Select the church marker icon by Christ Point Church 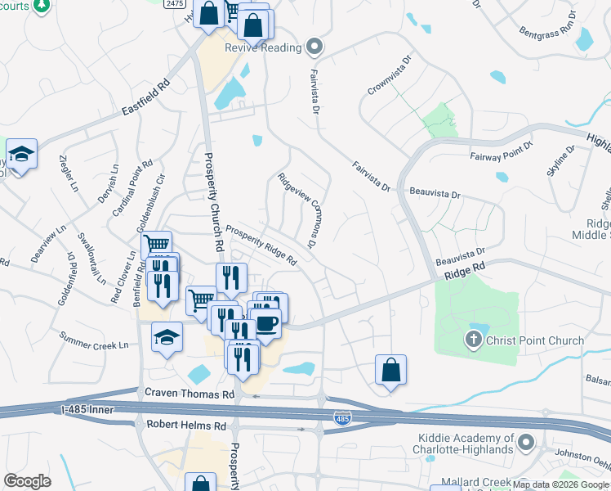click(x=473, y=340)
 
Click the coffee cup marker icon click(x=265, y=323)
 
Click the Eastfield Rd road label click(x=145, y=97)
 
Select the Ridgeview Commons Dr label click(x=297, y=210)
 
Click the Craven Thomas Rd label click(x=190, y=394)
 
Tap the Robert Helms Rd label click(x=185, y=426)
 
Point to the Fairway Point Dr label click(x=501, y=150)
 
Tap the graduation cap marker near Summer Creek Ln click(x=167, y=336)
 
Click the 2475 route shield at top click(x=172, y=4)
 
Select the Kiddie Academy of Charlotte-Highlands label click(x=466, y=444)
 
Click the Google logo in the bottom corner click(x=27, y=481)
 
